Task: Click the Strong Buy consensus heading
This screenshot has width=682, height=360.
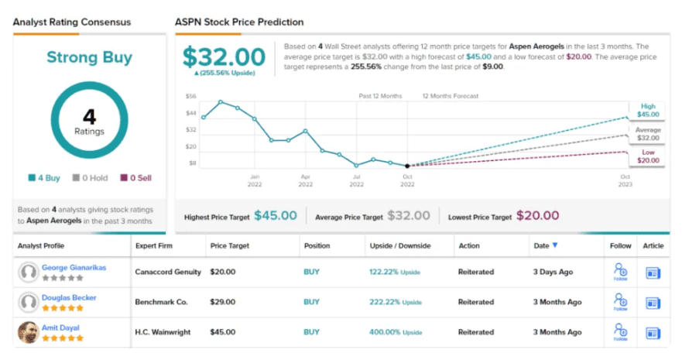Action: point(88,57)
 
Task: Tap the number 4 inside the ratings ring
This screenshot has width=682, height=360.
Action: point(89,117)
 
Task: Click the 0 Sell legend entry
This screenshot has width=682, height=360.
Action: point(135,178)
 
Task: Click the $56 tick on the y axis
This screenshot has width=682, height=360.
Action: point(190,96)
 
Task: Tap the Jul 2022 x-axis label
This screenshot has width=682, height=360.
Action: point(356,181)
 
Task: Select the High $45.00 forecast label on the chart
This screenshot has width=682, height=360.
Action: point(647,110)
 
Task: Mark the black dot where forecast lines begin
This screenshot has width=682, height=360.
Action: point(408,166)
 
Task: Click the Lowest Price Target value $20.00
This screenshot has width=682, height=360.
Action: point(537,216)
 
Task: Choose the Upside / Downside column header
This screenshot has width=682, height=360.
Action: point(399,245)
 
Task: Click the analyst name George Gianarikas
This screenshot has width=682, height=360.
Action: point(74,267)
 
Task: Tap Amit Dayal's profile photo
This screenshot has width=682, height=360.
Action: point(29,332)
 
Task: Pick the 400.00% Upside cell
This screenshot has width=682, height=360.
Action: point(396,332)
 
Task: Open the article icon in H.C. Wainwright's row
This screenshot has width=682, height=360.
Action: point(653,332)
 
